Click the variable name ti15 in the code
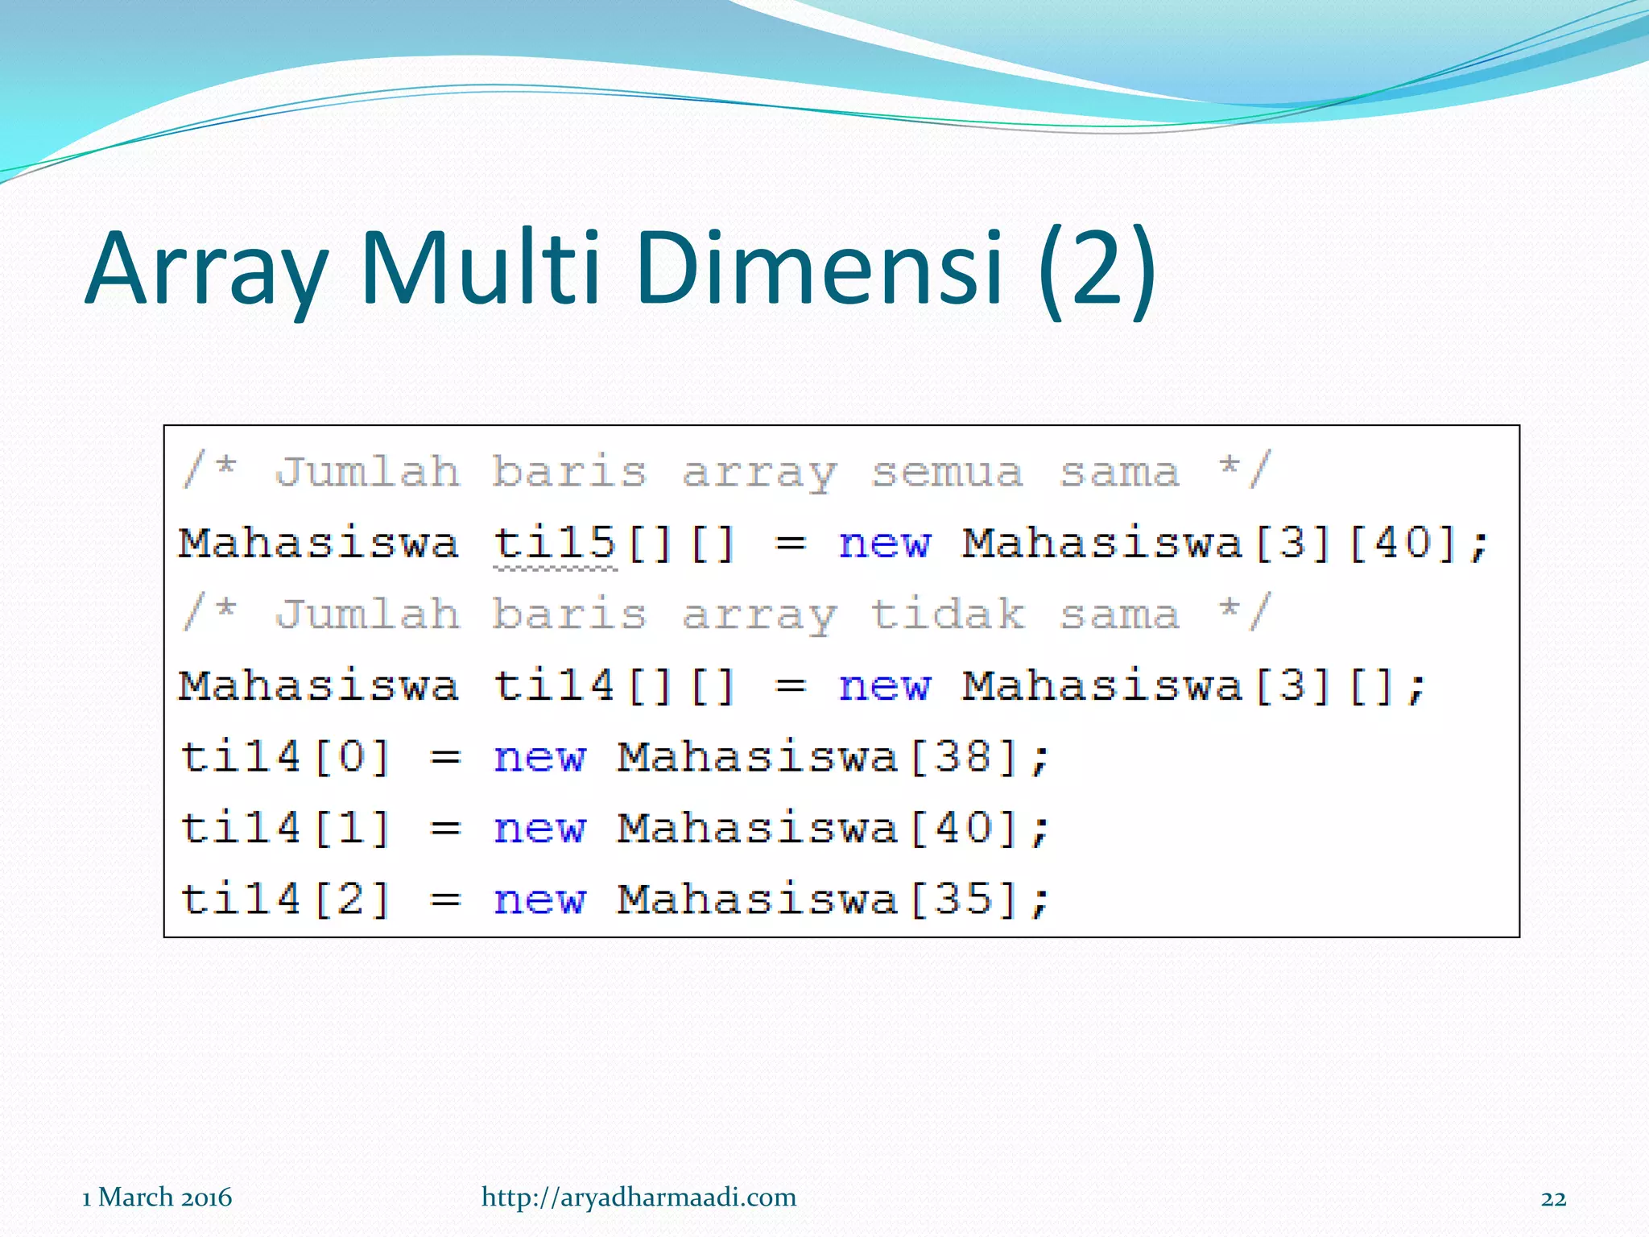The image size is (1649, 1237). click(555, 543)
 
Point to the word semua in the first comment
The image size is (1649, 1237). click(947, 472)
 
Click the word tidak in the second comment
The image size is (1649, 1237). click(947, 614)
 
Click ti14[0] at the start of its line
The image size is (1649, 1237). click(286, 757)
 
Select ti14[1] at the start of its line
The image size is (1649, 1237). click(286, 828)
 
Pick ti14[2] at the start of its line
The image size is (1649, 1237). click(286, 899)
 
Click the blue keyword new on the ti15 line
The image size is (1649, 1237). click(884, 544)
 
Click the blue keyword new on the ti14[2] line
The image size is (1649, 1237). click(539, 900)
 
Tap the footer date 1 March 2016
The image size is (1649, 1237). click(157, 1198)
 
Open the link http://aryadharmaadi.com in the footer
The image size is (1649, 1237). click(639, 1198)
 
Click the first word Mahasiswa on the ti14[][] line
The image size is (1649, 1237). click(319, 686)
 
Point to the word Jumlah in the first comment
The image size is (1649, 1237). click(367, 472)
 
